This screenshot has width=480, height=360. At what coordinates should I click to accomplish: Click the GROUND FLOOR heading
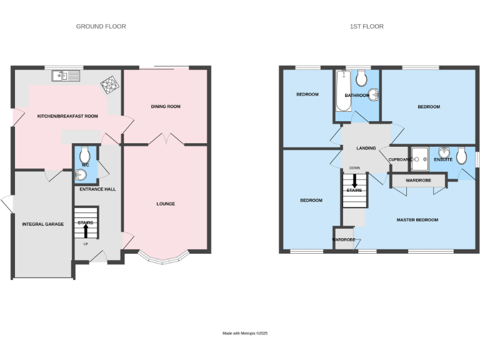[x=101, y=26]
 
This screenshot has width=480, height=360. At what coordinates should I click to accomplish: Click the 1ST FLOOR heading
[x=367, y=26]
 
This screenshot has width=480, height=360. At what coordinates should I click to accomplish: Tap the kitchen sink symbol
[x=66, y=76]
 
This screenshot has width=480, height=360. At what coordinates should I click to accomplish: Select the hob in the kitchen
[x=110, y=84]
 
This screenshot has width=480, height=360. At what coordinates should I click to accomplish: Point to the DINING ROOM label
[x=166, y=107]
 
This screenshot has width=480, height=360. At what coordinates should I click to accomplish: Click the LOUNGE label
[x=166, y=204]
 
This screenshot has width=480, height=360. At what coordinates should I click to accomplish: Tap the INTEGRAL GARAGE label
[x=43, y=224]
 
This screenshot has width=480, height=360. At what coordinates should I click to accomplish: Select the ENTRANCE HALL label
[x=97, y=189]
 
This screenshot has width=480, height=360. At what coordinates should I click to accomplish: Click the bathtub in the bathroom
[x=343, y=91]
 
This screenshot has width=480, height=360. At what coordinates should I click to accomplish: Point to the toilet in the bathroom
[x=361, y=78]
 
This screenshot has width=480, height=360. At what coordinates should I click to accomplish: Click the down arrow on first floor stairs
[x=354, y=181]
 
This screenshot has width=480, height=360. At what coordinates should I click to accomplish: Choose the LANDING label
[x=366, y=149]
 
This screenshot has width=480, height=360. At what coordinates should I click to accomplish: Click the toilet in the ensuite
[x=461, y=155]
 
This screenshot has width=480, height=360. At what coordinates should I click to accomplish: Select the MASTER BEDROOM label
[x=417, y=220]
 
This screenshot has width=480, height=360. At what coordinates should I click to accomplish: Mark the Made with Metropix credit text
[x=245, y=333]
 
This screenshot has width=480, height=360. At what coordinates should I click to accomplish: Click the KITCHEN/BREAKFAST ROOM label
[x=67, y=116]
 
